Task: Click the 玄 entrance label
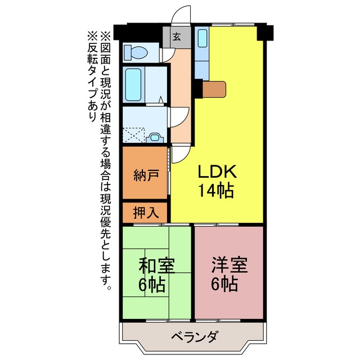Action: coord(177,37)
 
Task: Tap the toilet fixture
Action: coord(136,53)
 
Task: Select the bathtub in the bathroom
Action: coord(133,84)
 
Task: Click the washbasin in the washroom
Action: coord(155,138)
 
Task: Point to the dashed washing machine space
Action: coord(134,135)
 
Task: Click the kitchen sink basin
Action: coord(202,38)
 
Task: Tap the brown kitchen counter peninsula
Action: coord(214,89)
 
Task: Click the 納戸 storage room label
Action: coord(146,175)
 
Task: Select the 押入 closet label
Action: coord(146,213)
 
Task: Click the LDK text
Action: coord(217,172)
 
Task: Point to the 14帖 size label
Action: coord(216,191)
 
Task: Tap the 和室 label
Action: coord(157,265)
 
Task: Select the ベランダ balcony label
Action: coord(194,337)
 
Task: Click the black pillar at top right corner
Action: coord(265,33)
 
